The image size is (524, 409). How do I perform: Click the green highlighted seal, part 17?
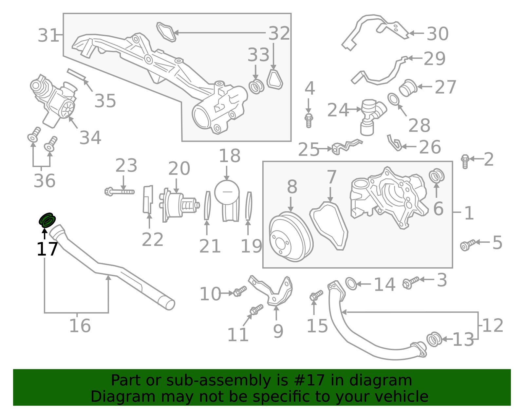47,220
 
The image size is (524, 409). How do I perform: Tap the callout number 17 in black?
47,250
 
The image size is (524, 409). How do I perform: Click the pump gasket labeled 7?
329,226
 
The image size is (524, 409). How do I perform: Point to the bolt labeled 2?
465,161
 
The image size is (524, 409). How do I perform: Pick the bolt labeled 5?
467,244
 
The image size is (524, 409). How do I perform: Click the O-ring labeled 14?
351,284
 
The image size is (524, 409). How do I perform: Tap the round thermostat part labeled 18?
227,192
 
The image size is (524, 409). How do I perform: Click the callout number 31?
48,35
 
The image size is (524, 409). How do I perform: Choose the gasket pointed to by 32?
166,32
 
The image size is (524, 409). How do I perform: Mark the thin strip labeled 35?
76,74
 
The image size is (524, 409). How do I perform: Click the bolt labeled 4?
309,120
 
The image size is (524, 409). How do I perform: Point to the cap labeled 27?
408,88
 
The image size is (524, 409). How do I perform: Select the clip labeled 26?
395,143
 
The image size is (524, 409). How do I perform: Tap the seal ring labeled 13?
434,339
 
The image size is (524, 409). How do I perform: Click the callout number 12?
493,325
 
